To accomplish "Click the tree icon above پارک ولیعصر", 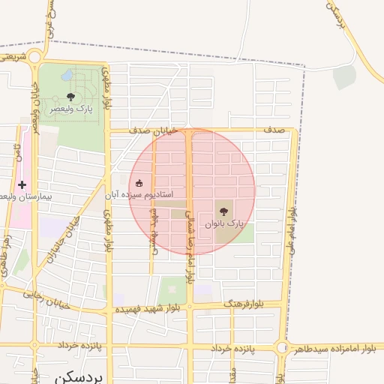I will click(70, 96).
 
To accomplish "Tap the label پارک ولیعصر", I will click(71, 109).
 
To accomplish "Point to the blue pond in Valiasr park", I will click(67, 76).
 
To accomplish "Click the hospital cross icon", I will click(22, 184).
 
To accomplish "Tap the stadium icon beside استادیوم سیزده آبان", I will click(139, 183).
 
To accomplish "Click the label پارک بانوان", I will click(224, 223).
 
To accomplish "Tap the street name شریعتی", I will click(15, 55).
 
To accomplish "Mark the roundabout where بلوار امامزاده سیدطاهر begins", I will click(282, 347).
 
